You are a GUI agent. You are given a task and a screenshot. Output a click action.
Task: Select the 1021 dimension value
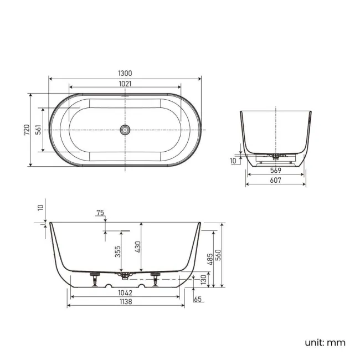125,84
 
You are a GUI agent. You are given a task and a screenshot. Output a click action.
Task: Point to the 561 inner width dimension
38,130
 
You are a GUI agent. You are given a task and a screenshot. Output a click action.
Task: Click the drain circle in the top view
125,130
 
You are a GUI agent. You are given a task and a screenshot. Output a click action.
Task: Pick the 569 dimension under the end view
275,170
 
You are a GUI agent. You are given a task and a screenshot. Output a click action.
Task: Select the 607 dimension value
275,180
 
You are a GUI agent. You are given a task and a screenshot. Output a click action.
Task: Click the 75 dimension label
100,213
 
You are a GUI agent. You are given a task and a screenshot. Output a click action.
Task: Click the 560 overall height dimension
219,255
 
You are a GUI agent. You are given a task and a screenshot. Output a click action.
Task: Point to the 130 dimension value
203,281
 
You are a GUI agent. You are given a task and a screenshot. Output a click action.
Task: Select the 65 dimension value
198,299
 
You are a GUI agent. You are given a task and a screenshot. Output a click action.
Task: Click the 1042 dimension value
125,292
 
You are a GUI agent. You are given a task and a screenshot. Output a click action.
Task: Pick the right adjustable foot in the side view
155,279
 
